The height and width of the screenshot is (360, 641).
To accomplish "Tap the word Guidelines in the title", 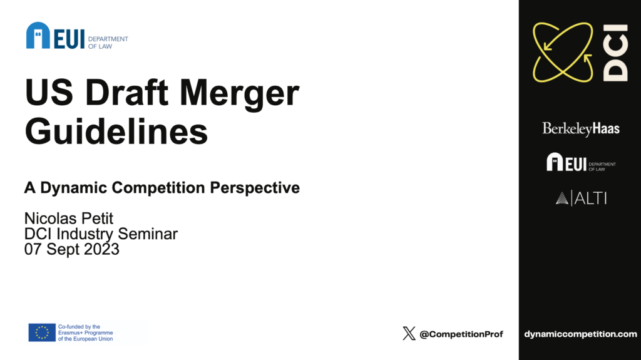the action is coord(116,131).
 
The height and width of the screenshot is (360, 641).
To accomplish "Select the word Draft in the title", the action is coord(126,92).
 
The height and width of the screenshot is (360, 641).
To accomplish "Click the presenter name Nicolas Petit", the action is coord(69,219).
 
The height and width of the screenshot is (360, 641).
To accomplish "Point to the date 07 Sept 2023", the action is coord(72,249).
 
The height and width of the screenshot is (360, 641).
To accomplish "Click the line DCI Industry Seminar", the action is coord(101,234).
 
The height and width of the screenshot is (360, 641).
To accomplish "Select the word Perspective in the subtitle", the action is coord(255,188).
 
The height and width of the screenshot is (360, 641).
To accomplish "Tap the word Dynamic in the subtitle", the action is coord(74,188).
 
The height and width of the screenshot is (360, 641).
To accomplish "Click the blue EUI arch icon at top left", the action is coord(38,35).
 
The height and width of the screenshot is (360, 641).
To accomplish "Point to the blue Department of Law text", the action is coord(108,43).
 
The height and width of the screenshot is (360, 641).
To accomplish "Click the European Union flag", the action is coord(42,332).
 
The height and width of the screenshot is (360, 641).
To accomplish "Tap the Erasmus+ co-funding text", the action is coord(85,332).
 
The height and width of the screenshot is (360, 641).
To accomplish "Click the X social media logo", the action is coord(409,334).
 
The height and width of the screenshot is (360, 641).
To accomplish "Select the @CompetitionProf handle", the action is coord(461,334).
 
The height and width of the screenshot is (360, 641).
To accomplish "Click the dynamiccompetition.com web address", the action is coord(580,334).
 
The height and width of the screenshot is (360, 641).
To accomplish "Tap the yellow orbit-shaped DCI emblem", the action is coord(563,52).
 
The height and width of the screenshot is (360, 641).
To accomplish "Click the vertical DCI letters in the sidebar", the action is coord(615,53).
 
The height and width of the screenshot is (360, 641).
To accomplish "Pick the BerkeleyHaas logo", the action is coord(580,129).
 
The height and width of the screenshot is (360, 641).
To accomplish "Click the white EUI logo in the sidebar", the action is coord(581,162).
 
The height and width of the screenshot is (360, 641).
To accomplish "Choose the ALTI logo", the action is coord(581,198).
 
